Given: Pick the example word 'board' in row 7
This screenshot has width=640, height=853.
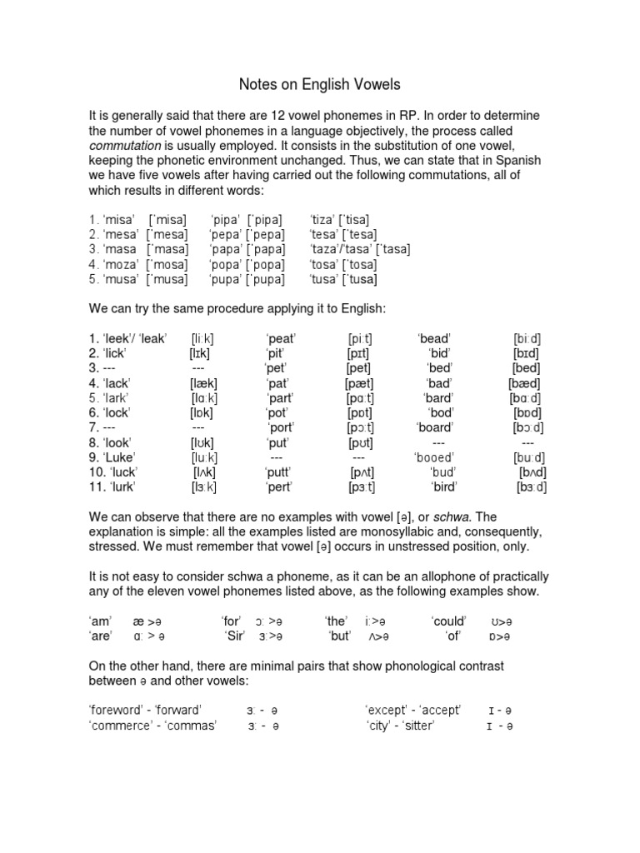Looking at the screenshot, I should [433, 428].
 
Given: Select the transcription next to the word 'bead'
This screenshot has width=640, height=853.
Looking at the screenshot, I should [528, 338].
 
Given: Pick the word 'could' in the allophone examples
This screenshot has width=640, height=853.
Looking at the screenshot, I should [449, 621].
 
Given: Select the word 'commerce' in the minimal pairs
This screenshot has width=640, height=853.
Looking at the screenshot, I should [120, 726].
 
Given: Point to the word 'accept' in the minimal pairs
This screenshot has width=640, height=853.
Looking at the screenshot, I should [442, 710].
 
